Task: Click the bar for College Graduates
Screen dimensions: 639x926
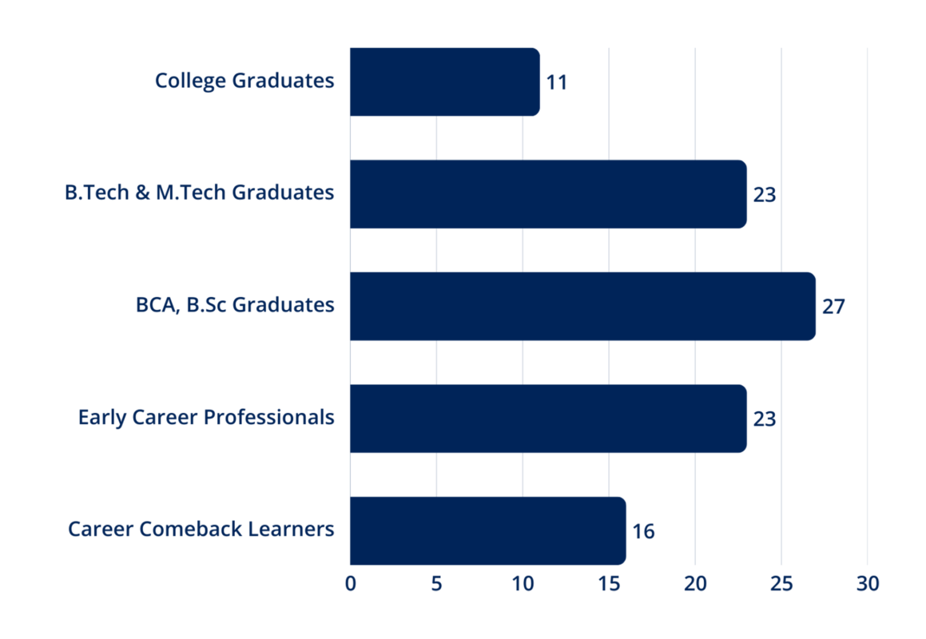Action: pyautogui.click(x=444, y=81)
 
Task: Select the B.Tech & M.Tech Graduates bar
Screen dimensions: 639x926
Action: pyautogui.click(x=548, y=194)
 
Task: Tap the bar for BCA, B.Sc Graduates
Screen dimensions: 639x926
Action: pyautogui.click(x=582, y=306)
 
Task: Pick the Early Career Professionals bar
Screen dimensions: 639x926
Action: pyautogui.click(x=548, y=419)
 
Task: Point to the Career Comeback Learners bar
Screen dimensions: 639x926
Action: pyautogui.click(x=487, y=530)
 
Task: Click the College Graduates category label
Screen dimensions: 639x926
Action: pyautogui.click(x=244, y=81)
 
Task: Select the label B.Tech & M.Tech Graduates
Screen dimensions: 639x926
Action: pyautogui.click(x=200, y=193)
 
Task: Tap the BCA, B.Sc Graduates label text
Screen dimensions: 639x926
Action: pyautogui.click(x=235, y=305)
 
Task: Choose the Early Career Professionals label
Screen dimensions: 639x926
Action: pyautogui.click(x=206, y=418)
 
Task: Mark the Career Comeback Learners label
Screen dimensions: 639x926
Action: pyautogui.click(x=201, y=530)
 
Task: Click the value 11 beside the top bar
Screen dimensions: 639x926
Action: pyautogui.click(x=557, y=82)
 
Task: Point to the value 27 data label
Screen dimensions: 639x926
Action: pyautogui.click(x=833, y=307)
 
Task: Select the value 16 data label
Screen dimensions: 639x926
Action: pyautogui.click(x=643, y=531)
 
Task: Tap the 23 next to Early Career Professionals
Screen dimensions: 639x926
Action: pyautogui.click(x=765, y=419)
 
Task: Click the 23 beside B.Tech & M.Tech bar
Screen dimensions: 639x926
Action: pyautogui.click(x=765, y=195)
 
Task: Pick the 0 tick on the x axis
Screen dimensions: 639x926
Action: pyautogui.click(x=350, y=584)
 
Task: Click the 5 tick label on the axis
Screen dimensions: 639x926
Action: pyautogui.click(x=436, y=584)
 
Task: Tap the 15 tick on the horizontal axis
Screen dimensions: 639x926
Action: pyautogui.click(x=609, y=584)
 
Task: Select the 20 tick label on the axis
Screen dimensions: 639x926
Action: pyautogui.click(x=695, y=584)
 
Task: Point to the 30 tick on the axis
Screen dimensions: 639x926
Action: pyautogui.click(x=868, y=584)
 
